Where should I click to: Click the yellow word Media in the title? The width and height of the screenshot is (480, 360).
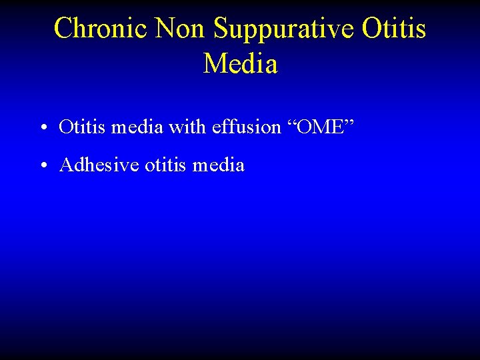click(240, 64)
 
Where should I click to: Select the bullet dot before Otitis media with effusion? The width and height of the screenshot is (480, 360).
click(42, 127)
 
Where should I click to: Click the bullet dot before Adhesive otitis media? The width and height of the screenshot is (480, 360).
click(42, 165)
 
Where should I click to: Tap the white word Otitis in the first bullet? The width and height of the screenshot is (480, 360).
click(82, 127)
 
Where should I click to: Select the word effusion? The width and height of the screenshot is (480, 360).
click(246, 127)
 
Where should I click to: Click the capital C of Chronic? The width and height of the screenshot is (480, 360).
click(63, 29)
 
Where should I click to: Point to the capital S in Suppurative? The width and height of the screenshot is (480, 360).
click(221, 29)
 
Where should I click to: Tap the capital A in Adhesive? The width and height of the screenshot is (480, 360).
click(66, 165)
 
